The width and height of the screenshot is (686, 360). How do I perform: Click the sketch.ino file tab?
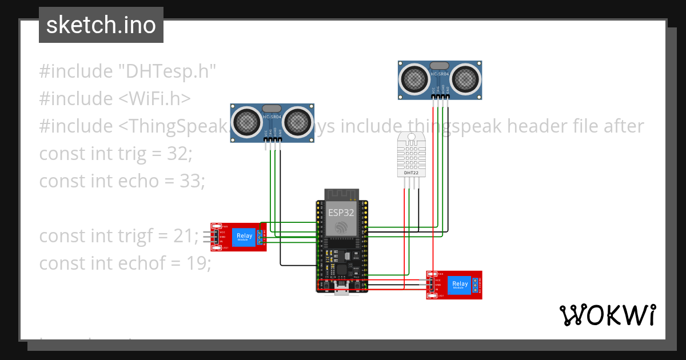(101, 25)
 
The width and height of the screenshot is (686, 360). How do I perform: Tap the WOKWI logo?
(607, 315)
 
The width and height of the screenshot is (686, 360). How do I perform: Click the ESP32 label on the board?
(341, 213)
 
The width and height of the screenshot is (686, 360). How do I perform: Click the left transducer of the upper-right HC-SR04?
(414, 78)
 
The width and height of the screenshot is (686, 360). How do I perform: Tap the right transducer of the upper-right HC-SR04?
(465, 78)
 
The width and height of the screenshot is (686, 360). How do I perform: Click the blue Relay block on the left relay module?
(244, 236)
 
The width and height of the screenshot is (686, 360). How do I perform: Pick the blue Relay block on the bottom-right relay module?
(460, 285)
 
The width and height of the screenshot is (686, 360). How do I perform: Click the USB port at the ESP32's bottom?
(342, 292)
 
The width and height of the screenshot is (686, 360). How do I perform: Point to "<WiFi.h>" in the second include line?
(155, 98)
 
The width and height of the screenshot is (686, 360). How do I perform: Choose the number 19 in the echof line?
(198, 263)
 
